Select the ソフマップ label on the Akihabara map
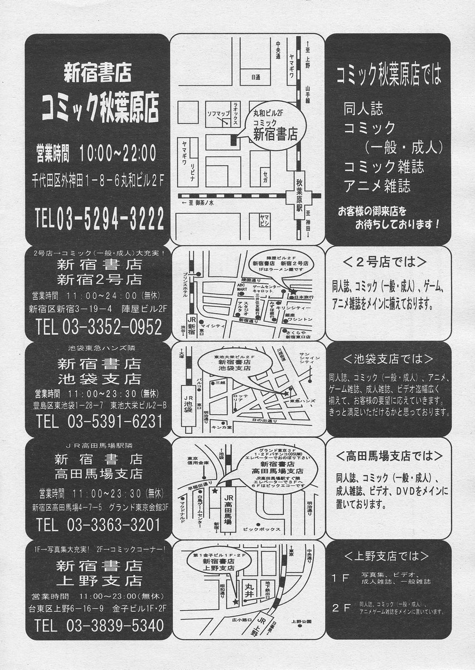coord(219,113)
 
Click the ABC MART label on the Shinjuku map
coord(241,286)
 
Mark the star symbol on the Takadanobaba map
coord(215,491)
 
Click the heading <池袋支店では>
coord(388,358)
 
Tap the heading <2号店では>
coord(385,262)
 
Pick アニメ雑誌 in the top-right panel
coord(377,186)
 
